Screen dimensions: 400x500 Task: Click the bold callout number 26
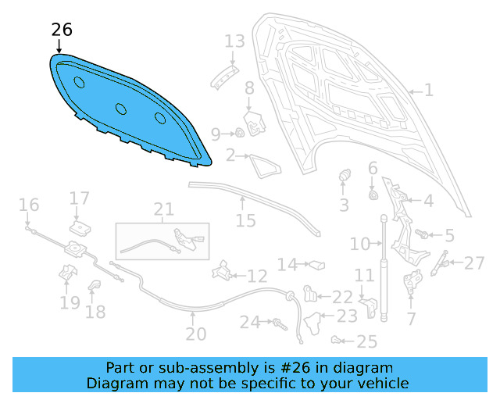pos(62,30)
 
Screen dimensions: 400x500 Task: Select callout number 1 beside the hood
pos(428,91)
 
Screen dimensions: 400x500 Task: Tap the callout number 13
pos(234,41)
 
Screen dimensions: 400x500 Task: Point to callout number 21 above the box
pos(163,209)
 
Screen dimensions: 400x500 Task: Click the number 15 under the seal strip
pos(245,221)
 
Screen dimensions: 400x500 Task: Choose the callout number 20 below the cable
pos(195,334)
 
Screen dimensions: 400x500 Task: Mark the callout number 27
pos(474,263)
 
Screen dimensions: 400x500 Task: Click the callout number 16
pos(29,205)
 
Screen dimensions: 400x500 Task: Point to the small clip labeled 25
pos(336,339)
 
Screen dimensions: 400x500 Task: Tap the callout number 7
pos(411,318)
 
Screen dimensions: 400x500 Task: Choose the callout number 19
pos(70,302)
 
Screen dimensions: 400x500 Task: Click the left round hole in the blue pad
pos(79,83)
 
